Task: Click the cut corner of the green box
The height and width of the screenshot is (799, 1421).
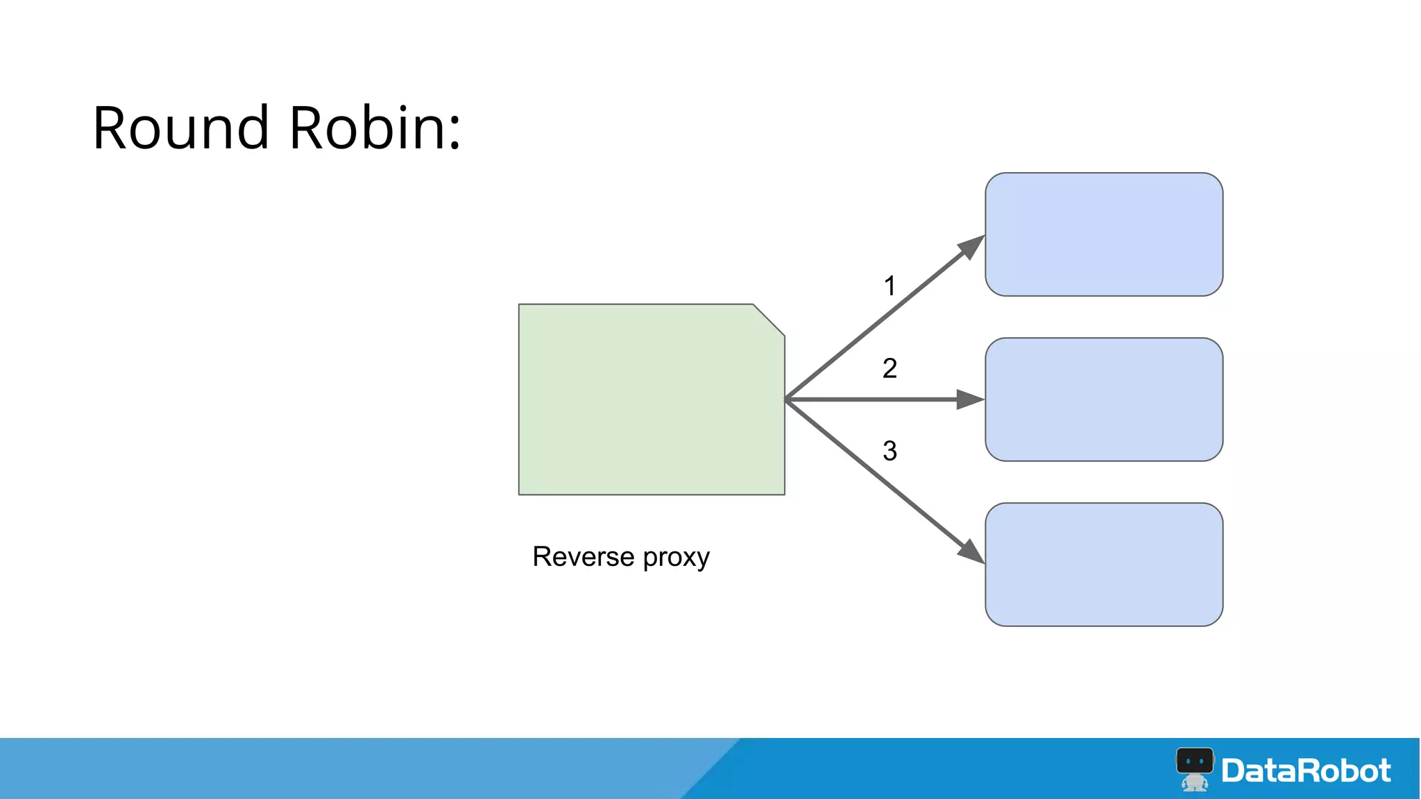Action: click(x=769, y=320)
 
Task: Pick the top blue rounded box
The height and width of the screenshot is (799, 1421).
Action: click(x=1103, y=234)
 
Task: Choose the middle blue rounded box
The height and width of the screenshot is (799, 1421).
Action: click(x=1103, y=399)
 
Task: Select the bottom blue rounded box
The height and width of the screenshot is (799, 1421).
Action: click(x=1103, y=565)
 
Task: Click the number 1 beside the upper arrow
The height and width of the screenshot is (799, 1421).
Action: click(x=890, y=286)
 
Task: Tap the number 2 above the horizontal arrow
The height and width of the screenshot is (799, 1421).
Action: click(x=890, y=368)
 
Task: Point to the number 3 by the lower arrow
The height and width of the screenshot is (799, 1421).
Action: click(x=890, y=451)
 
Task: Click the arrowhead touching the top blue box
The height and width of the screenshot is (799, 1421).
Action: click(x=971, y=246)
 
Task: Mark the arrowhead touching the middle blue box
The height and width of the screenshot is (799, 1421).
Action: click(x=970, y=399)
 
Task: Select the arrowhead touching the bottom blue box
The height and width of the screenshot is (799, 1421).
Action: click(x=971, y=552)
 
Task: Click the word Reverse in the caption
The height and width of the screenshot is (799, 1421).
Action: click(x=583, y=557)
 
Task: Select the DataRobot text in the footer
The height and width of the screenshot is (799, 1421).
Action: click(x=1306, y=771)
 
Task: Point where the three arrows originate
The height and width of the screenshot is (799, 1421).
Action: click(x=786, y=399)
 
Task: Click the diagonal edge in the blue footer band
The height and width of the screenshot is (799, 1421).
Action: click(x=711, y=768)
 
